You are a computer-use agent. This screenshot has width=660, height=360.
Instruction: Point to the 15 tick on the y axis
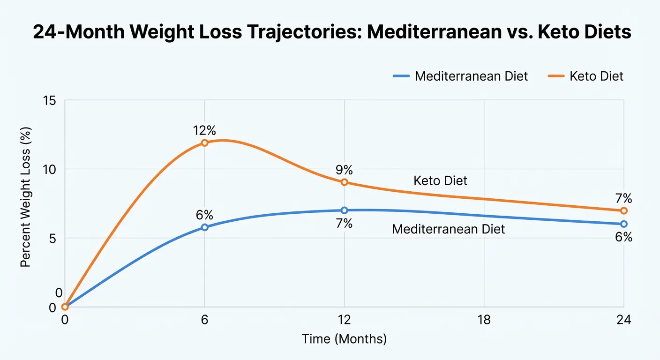(x=50, y=100)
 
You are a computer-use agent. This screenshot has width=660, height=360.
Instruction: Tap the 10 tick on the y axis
(x=50, y=169)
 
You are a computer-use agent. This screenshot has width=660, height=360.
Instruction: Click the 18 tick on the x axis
(x=484, y=321)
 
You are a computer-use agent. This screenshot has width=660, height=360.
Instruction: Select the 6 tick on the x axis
(x=204, y=321)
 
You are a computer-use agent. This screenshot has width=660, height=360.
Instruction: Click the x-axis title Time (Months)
(x=344, y=339)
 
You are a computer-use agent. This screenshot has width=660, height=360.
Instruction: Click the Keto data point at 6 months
(x=204, y=142)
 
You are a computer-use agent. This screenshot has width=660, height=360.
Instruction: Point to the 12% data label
(x=204, y=130)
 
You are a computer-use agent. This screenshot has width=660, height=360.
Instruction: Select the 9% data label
(x=344, y=170)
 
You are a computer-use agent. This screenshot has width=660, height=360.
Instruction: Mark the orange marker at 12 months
(x=344, y=182)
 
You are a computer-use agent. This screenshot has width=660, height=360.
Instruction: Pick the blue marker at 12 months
(x=344, y=210)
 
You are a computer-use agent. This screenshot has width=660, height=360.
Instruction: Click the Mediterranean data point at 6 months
(x=204, y=227)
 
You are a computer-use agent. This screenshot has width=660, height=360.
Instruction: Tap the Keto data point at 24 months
(x=623, y=210)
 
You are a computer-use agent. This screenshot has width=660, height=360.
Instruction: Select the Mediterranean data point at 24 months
(x=623, y=224)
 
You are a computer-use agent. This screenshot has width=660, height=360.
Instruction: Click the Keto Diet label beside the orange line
(x=440, y=180)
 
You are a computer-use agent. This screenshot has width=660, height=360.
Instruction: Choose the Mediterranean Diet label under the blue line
(x=448, y=229)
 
